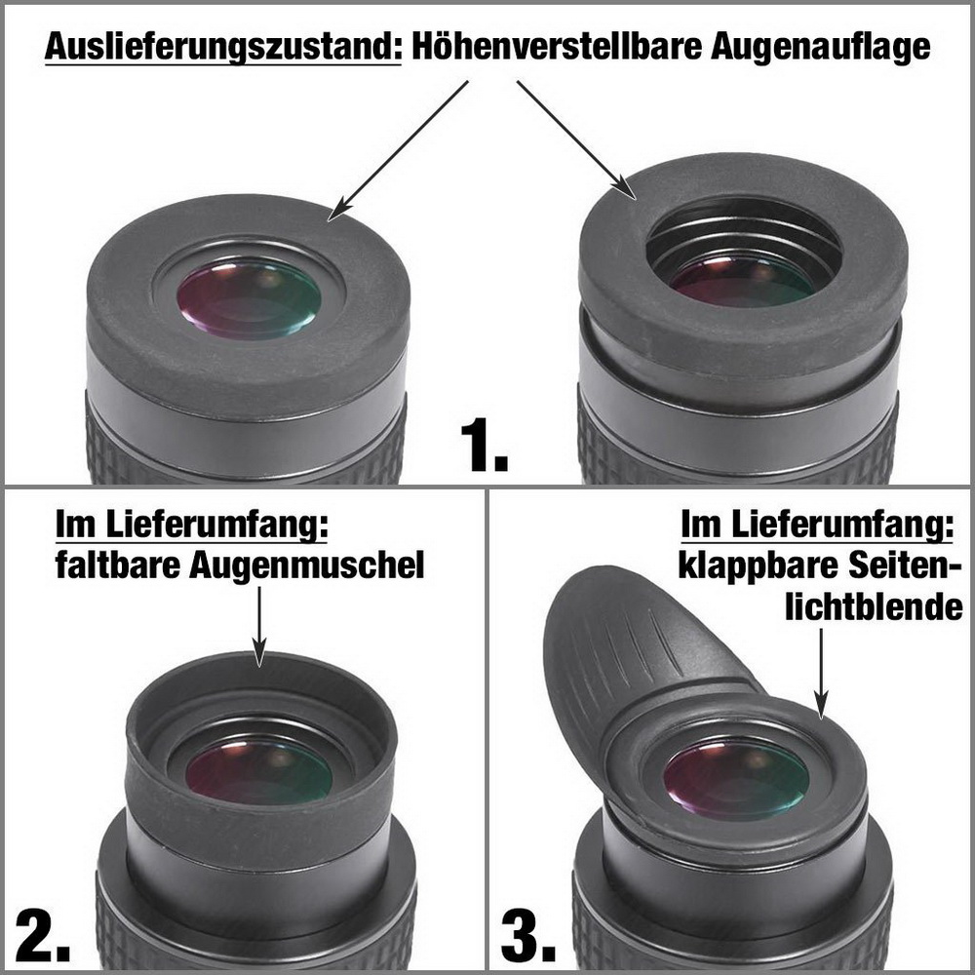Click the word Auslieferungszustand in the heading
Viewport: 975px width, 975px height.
pos(223,47)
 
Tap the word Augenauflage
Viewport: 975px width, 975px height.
pos(820,47)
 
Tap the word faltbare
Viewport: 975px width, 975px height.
pos(118,564)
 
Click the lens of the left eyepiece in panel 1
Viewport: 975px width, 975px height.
pos(249,299)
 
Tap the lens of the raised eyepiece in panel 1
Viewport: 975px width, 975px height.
pos(742,279)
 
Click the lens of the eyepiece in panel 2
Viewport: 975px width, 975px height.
pos(258,770)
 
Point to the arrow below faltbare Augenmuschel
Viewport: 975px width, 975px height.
pos(259,627)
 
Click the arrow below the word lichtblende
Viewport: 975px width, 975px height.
pos(821,674)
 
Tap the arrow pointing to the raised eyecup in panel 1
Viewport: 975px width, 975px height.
pos(576,139)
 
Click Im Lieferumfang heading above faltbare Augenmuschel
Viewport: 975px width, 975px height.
pos(191,525)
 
